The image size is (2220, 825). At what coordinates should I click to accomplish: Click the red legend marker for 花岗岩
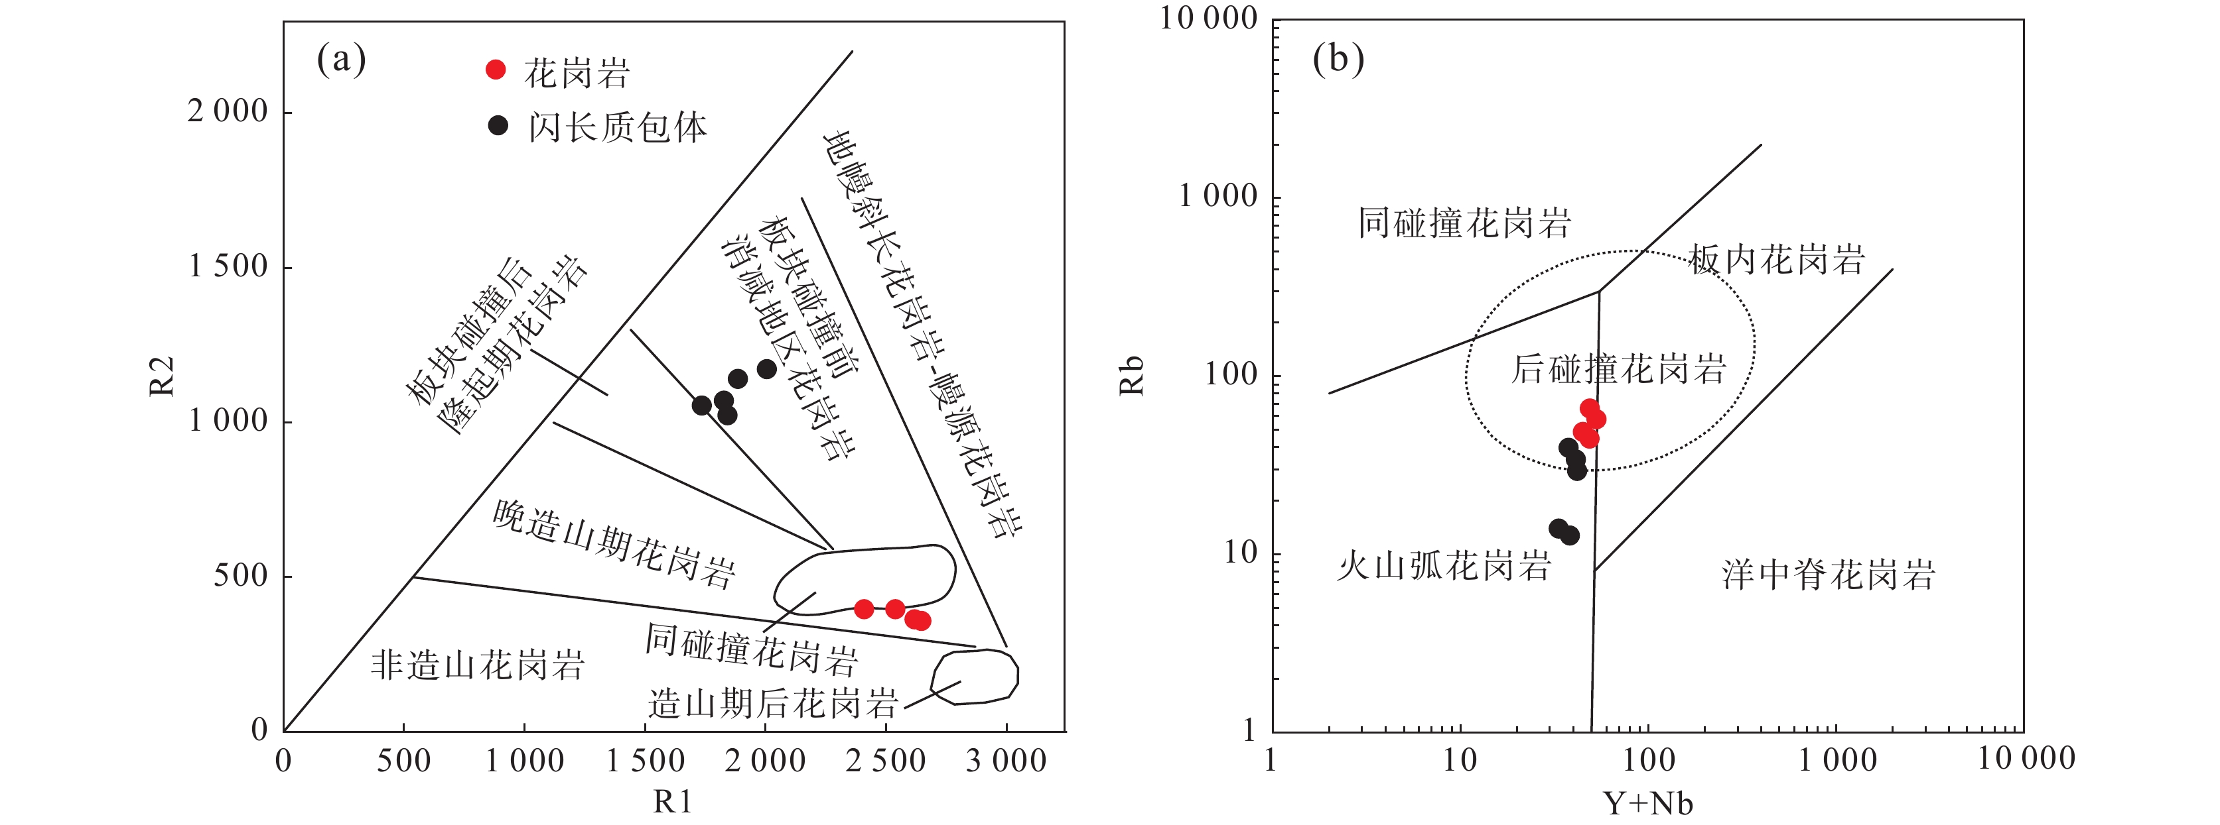click(496, 70)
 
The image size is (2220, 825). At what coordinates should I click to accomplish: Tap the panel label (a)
click(341, 60)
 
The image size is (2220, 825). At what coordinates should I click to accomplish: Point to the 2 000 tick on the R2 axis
click(228, 111)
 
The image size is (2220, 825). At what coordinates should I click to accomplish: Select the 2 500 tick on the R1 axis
click(885, 761)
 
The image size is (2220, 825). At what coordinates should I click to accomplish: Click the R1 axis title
click(672, 802)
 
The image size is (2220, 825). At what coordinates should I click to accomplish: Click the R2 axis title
click(162, 376)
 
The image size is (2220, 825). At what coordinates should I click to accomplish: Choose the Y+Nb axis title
click(1648, 804)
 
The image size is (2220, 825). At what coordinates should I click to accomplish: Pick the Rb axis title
click(1131, 376)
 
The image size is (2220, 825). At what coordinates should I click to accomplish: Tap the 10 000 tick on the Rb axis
click(1208, 18)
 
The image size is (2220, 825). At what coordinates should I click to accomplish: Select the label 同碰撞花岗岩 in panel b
click(1464, 223)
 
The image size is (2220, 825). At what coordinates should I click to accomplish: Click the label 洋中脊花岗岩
click(1829, 575)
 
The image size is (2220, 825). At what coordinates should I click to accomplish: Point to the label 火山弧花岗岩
click(1444, 567)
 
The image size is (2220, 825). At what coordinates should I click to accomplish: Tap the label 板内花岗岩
click(1776, 259)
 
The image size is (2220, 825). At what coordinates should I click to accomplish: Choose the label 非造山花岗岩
click(478, 665)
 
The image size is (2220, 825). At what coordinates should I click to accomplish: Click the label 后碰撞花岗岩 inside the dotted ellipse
click(1618, 368)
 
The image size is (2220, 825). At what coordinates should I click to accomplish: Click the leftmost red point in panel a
click(864, 609)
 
